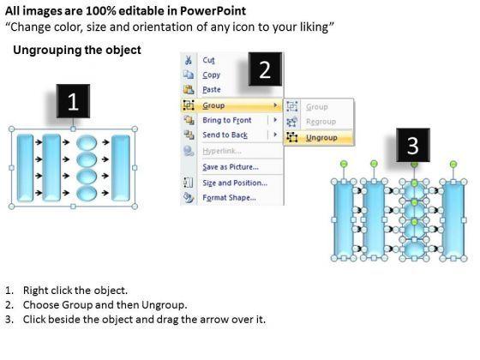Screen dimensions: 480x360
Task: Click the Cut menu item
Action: (208, 60)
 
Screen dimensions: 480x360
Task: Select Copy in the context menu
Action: (211, 75)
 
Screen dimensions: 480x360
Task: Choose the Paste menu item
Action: (212, 89)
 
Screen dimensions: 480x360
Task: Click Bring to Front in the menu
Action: (227, 120)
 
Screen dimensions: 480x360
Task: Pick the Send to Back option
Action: (225, 135)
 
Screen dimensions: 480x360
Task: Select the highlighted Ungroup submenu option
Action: (321, 138)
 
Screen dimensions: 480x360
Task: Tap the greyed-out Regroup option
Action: (321, 122)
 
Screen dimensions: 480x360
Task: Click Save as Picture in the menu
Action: (231, 167)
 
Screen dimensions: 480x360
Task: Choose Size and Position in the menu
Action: (235, 183)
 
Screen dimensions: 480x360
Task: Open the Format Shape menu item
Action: (229, 197)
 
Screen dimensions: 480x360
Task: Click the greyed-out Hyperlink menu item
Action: (222, 151)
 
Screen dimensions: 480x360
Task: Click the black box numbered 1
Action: (73, 101)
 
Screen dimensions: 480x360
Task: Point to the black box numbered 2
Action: (265, 69)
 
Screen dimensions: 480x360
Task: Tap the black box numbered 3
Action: (413, 145)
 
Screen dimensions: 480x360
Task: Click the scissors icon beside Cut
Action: (189, 60)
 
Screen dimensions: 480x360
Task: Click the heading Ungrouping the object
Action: (77, 50)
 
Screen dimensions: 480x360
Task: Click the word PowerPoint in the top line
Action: (213, 11)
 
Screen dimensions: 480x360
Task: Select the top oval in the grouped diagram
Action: (87, 142)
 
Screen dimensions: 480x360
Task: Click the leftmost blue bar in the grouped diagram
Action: (25, 168)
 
